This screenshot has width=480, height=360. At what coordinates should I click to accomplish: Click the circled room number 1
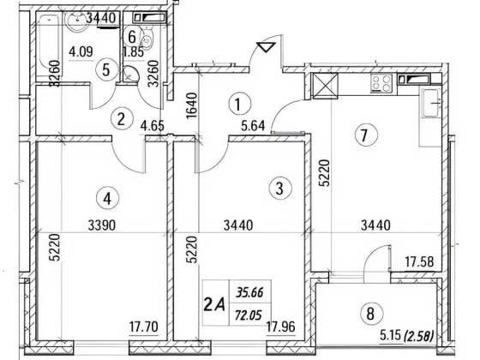[238, 104]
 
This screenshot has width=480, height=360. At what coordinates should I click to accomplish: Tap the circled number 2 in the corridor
[123, 119]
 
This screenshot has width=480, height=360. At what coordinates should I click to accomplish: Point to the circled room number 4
[107, 198]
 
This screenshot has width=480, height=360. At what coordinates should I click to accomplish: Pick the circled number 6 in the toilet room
[132, 36]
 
